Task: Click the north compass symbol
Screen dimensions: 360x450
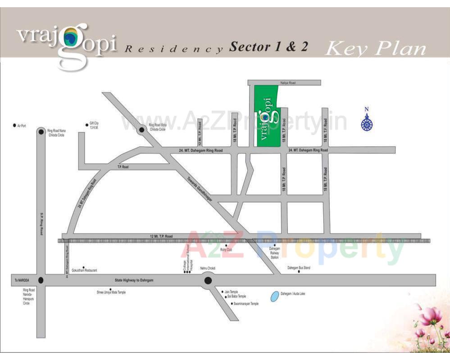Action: pyautogui.click(x=367, y=122)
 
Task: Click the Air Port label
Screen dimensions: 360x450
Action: pyautogui.click(x=22, y=126)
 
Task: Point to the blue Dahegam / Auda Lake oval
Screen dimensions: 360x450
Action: pyautogui.click(x=274, y=297)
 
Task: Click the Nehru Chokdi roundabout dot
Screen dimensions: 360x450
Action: pyautogui.click(x=208, y=281)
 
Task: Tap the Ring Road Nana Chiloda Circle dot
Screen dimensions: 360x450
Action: pyautogui.click(x=41, y=132)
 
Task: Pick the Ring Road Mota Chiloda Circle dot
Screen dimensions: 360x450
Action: pyautogui.click(x=141, y=130)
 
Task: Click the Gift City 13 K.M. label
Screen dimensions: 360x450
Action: pyautogui.click(x=94, y=125)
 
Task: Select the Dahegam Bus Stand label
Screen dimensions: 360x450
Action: pyautogui.click(x=299, y=268)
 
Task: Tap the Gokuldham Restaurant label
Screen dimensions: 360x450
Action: pyautogui.click(x=84, y=270)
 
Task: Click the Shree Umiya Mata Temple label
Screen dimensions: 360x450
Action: pyautogui.click(x=111, y=292)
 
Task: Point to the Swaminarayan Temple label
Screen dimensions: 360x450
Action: pyautogui.click(x=246, y=304)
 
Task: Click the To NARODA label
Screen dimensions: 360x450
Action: pyautogui.click(x=22, y=280)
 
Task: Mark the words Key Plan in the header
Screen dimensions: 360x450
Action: pyautogui.click(x=375, y=48)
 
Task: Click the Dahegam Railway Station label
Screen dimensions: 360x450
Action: pyautogui.click(x=274, y=252)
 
